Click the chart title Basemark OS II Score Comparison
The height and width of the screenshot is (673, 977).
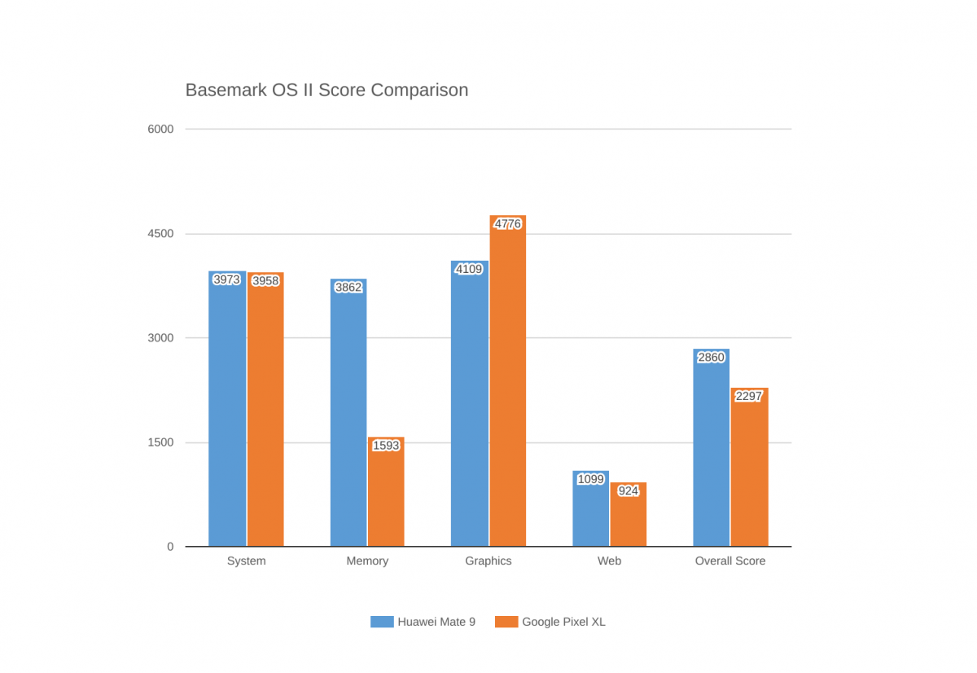pyautogui.click(x=326, y=90)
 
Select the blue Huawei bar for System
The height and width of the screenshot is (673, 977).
pyautogui.click(x=227, y=408)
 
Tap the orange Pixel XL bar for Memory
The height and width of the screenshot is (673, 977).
pyautogui.click(x=386, y=491)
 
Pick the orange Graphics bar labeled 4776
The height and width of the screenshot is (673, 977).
pyautogui.click(x=508, y=380)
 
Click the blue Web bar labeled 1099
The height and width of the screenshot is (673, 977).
pyautogui.click(x=590, y=508)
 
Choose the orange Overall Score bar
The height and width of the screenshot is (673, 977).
pyautogui.click(x=749, y=467)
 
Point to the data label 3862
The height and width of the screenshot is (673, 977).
pyautogui.click(x=348, y=287)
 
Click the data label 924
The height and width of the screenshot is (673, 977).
pyautogui.click(x=628, y=491)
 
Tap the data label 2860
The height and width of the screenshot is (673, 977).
pyautogui.click(x=711, y=358)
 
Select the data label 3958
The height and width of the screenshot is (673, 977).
pyautogui.click(x=265, y=280)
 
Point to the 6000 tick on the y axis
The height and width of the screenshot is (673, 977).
pyautogui.click(x=160, y=130)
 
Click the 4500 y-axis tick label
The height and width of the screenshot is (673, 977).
pyautogui.click(x=160, y=234)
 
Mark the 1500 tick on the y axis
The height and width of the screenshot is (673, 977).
pyautogui.click(x=160, y=442)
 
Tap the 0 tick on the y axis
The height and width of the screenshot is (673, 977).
pyautogui.click(x=170, y=547)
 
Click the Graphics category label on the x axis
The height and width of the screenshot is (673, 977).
pyautogui.click(x=488, y=561)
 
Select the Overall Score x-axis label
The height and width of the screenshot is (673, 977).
pyautogui.click(x=730, y=561)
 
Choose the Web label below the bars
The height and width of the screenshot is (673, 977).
pyautogui.click(x=609, y=561)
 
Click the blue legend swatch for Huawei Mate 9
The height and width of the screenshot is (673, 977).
pyautogui.click(x=382, y=622)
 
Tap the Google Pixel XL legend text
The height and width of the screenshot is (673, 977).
pyautogui.click(x=563, y=622)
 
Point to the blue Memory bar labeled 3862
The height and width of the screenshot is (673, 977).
pyautogui.click(x=348, y=412)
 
